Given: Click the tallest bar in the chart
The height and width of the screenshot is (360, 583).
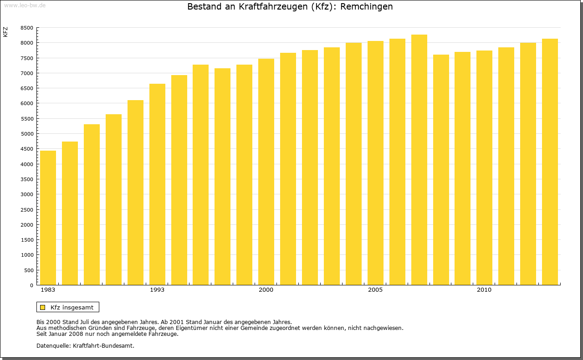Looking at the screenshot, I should point(419,160).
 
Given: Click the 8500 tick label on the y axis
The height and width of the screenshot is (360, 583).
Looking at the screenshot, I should point(27,28).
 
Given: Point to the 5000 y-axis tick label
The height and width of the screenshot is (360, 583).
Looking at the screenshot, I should point(27,134).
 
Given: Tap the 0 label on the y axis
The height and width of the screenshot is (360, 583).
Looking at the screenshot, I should point(31,285).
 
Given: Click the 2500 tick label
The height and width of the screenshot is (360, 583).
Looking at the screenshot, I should point(27,209).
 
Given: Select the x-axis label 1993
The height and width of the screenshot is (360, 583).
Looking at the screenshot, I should point(157,290).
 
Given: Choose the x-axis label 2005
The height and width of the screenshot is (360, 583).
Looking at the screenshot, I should point(375,290).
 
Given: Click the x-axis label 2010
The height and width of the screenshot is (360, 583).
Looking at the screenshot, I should point(484,290).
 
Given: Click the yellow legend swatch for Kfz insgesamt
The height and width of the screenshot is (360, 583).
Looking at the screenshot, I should point(43,307).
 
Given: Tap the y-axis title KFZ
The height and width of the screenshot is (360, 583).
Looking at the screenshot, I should point(5,32).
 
